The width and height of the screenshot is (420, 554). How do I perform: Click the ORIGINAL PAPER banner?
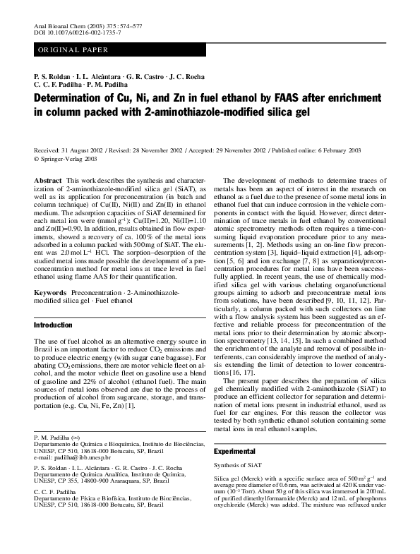click(x=73, y=50)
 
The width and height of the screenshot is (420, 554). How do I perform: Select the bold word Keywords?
click(x=51, y=291)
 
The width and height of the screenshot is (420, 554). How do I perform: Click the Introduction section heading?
click(x=54, y=326)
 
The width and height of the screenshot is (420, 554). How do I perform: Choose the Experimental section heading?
click(x=236, y=450)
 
